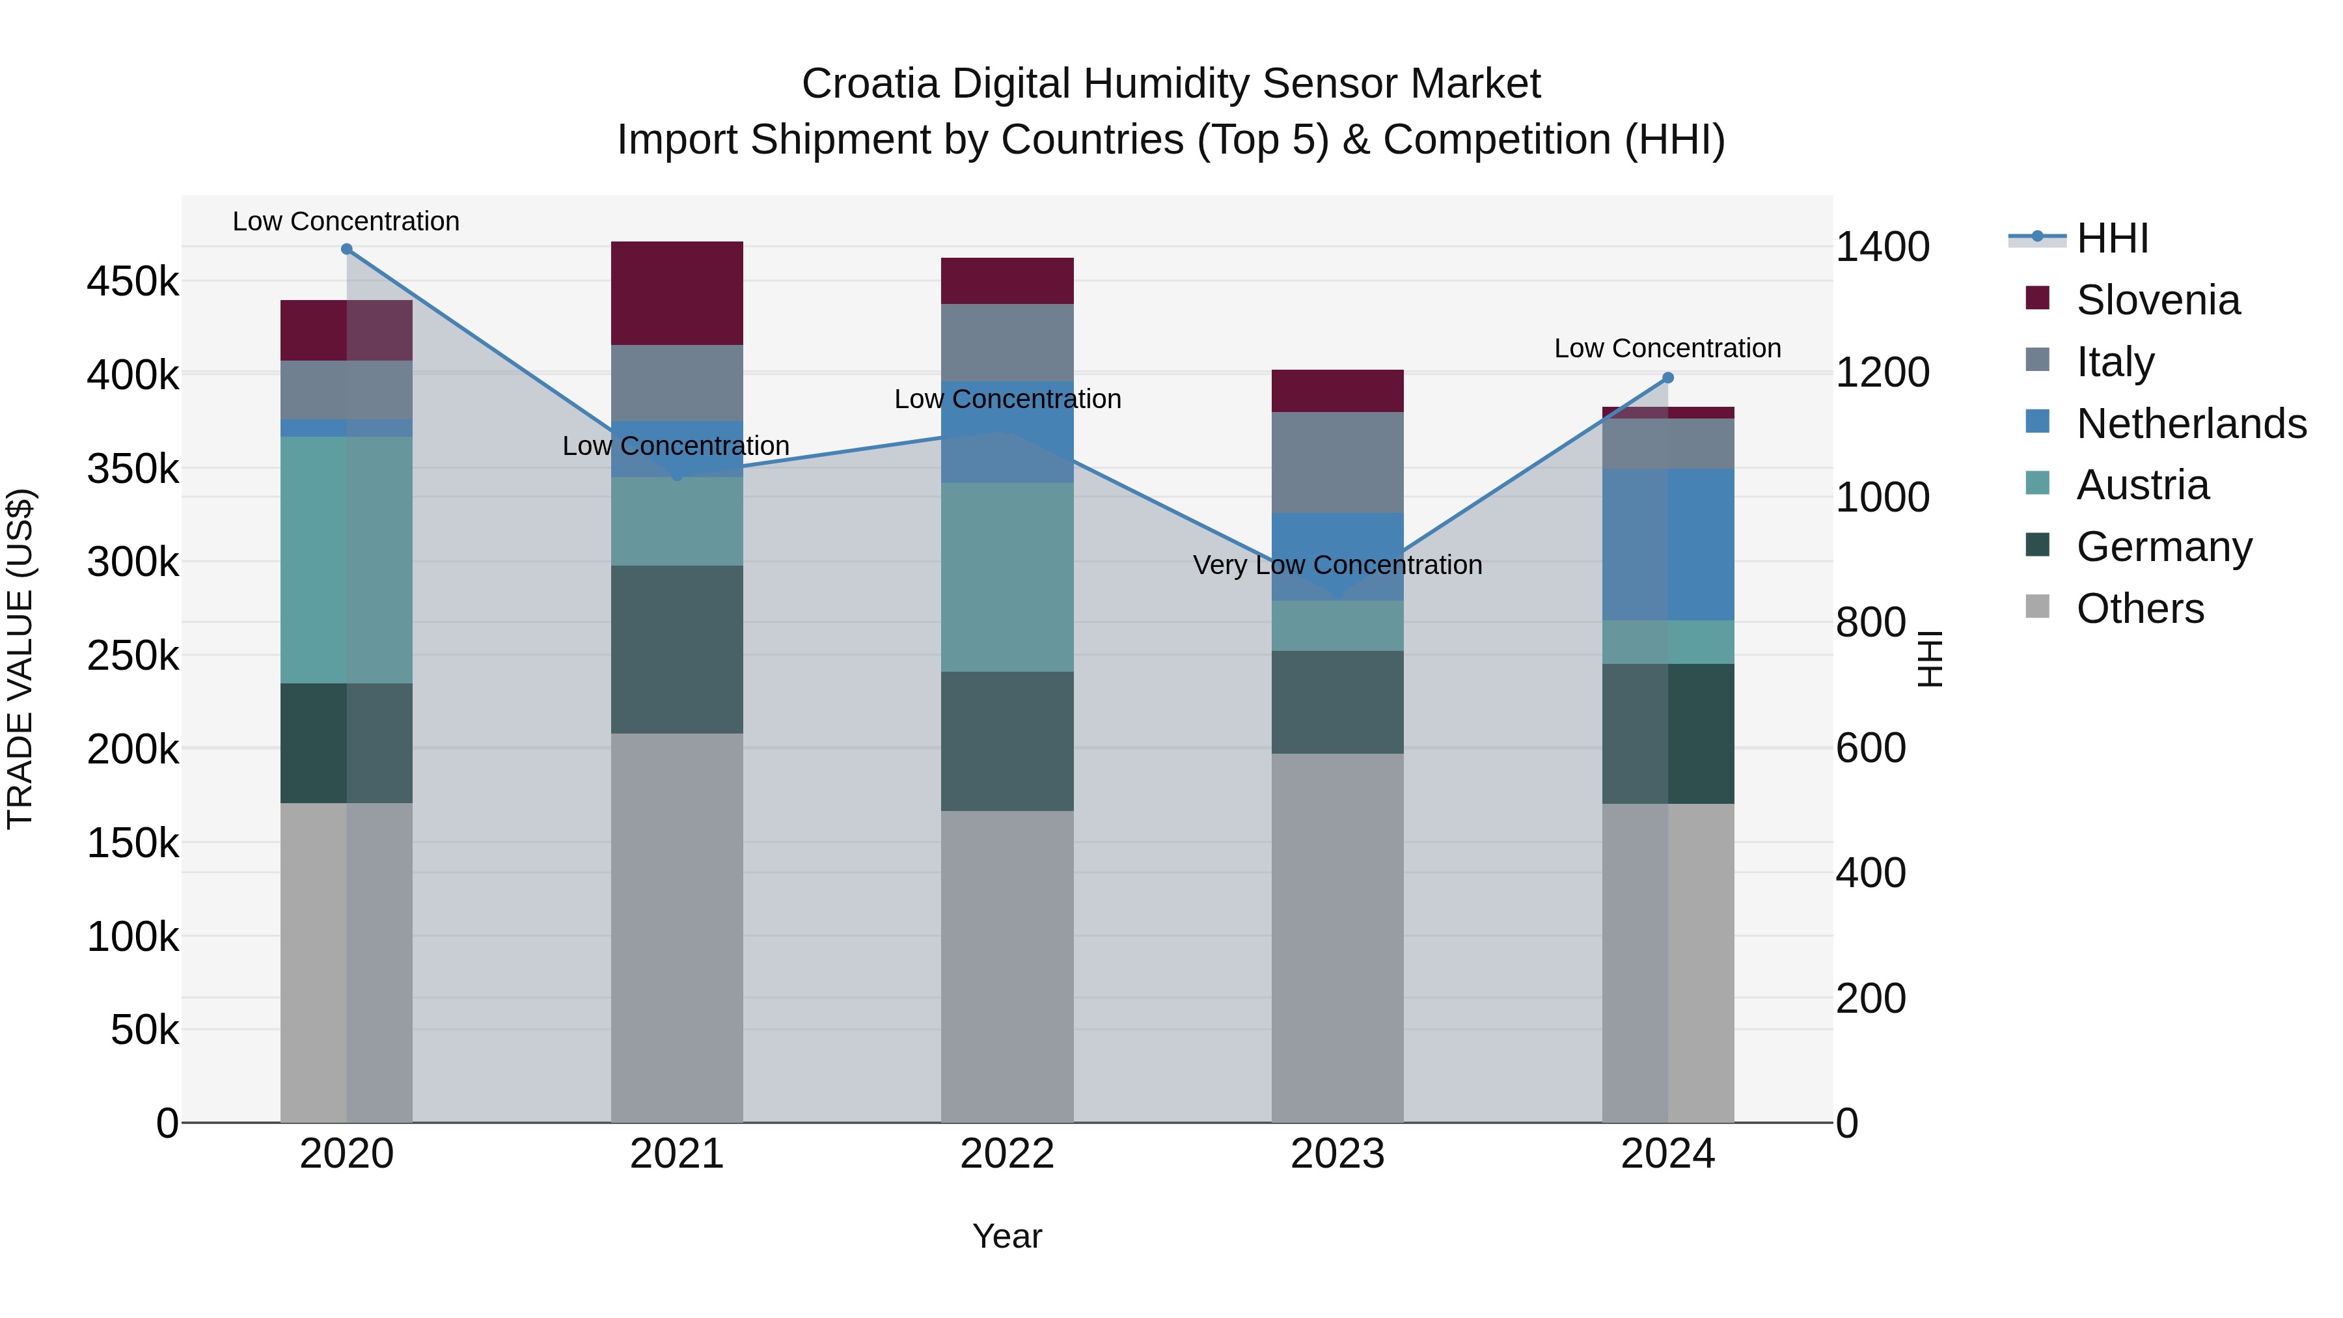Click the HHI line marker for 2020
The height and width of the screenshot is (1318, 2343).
[x=346, y=249]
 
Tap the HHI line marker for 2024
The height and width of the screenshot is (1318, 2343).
[x=1667, y=378]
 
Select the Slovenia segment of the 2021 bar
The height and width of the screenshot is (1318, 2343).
[x=677, y=293]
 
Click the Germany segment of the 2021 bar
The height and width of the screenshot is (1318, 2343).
[x=677, y=650]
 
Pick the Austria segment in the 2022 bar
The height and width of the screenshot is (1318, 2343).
[x=1007, y=577]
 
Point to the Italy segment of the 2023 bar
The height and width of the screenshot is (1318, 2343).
[x=1337, y=462]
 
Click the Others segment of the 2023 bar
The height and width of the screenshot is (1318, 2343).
[x=1337, y=937]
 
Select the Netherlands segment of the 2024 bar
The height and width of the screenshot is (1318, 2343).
[x=1667, y=544]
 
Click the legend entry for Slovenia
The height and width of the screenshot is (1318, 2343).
[x=2158, y=300]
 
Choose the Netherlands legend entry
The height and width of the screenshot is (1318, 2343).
[x=2190, y=424]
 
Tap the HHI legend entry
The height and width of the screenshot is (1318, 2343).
[x=2112, y=238]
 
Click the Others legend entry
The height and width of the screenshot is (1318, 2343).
[x=2139, y=609]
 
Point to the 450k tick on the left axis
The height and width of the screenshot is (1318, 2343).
[x=133, y=282]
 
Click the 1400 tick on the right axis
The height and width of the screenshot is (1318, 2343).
[x=1882, y=247]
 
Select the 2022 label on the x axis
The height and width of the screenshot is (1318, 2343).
[x=1007, y=1154]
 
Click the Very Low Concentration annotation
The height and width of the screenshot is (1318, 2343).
[x=1337, y=565]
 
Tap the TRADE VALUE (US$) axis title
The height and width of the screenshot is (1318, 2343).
[x=20, y=659]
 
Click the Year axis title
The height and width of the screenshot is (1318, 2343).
[x=1007, y=1236]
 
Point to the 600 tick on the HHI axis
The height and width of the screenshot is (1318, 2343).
[x=1870, y=748]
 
